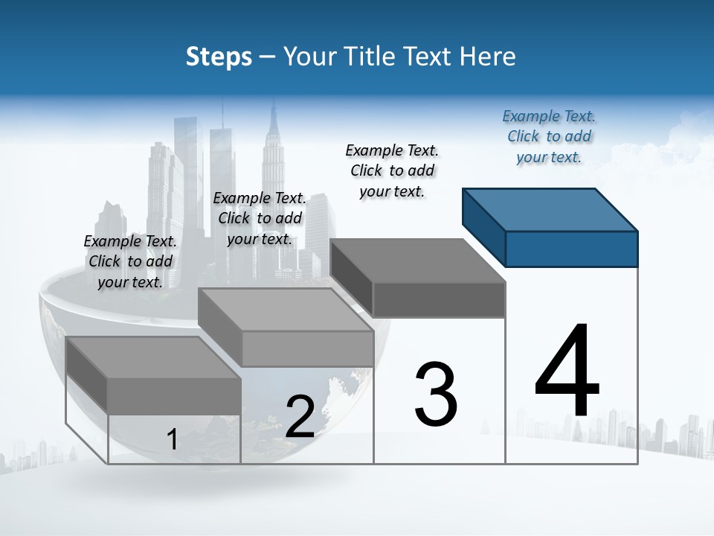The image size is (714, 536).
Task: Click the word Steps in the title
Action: coord(219,57)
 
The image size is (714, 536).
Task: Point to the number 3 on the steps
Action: coord(435,394)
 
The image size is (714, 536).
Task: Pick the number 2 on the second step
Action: coord(300,417)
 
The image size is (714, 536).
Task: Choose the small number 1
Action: coord(172,439)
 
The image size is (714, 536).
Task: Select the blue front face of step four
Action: coord(571,249)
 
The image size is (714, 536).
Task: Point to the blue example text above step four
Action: coord(549,136)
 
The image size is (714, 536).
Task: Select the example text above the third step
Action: coord(392,170)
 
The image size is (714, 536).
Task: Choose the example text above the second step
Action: coord(260,218)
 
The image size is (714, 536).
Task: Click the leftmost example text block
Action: coord(130,261)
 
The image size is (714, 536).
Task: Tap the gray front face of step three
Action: coord(439,299)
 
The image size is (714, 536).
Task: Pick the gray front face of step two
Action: coord(307,348)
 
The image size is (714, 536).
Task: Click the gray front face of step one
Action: coord(174,395)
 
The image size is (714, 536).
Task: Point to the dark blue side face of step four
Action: coord(483,227)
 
